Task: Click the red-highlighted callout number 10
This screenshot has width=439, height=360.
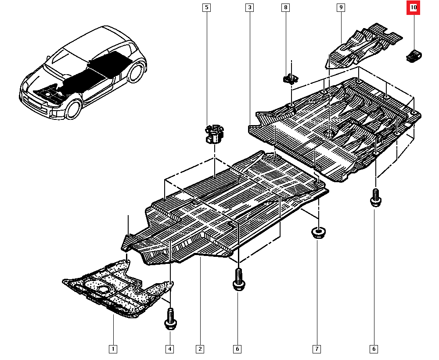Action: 413,7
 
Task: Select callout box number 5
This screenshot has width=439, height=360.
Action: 206,7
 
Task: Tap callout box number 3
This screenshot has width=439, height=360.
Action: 249,7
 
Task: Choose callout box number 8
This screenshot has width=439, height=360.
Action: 286,7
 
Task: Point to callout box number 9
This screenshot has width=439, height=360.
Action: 341,7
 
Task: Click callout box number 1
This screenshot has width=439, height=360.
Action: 113,349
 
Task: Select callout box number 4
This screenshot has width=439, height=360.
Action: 169,349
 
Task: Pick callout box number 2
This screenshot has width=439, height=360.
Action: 200,349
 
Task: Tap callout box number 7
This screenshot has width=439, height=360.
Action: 316,349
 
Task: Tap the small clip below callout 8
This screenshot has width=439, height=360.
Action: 289,79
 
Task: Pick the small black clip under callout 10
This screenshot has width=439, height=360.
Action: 413,56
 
